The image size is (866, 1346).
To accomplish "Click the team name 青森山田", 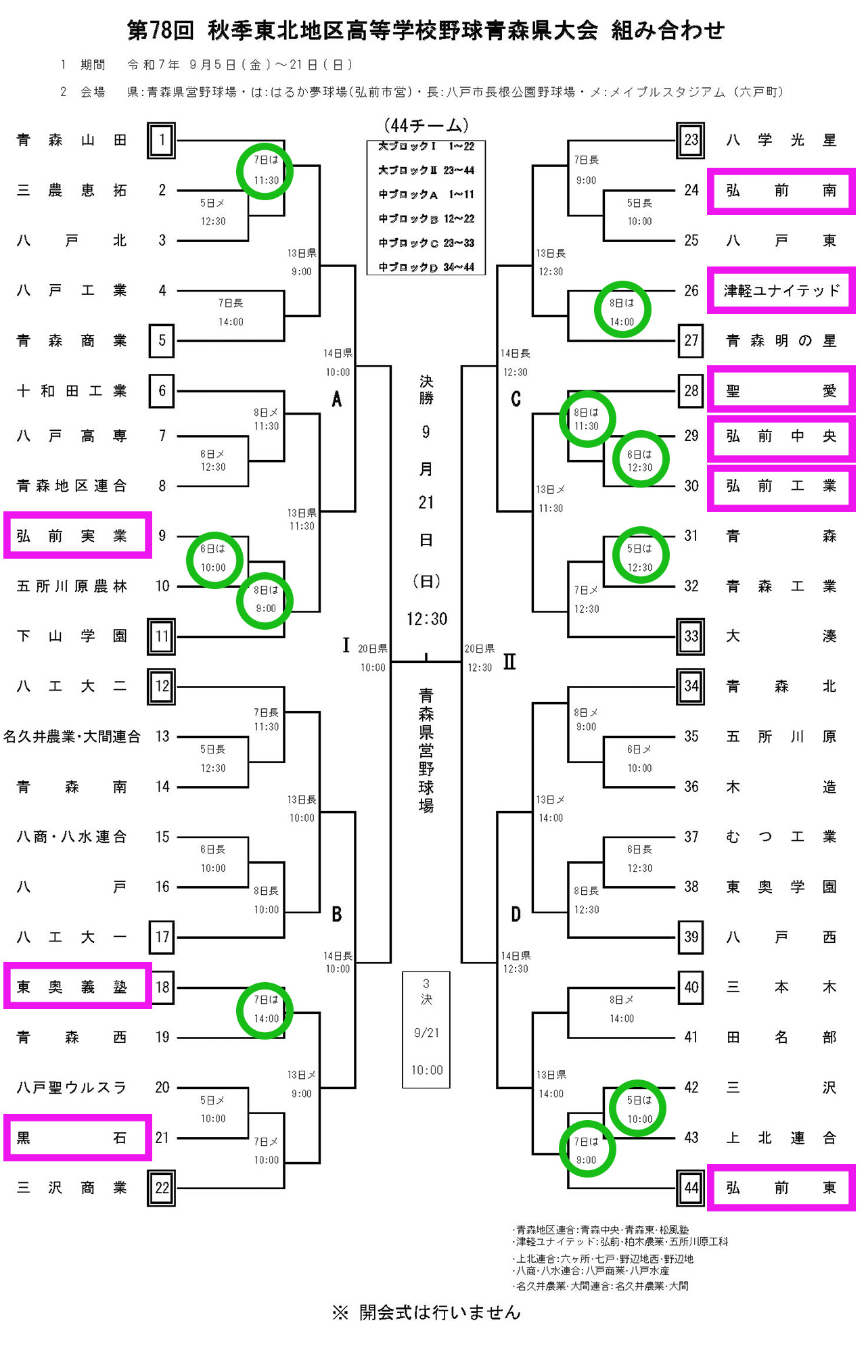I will click(x=72, y=140).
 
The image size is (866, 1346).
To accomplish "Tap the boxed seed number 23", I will click(x=691, y=140).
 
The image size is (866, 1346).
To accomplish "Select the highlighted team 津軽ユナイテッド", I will click(x=781, y=290).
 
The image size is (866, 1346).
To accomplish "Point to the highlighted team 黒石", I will click(x=72, y=1138).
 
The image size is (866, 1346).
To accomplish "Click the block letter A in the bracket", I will click(x=337, y=400).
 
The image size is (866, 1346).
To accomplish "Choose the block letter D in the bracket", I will click(x=516, y=914).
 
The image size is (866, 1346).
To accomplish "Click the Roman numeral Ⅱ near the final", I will click(x=509, y=662).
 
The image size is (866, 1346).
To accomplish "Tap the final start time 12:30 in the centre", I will click(x=426, y=619).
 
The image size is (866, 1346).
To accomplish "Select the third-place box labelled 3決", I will click(x=426, y=1029).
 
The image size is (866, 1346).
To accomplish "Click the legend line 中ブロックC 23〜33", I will click(x=426, y=243).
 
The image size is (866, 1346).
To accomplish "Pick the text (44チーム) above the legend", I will click(x=426, y=125).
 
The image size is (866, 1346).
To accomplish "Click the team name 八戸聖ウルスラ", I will click(x=72, y=1088).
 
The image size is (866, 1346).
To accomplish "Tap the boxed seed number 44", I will click(x=691, y=1188).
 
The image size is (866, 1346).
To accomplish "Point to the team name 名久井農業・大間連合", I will click(x=72, y=737).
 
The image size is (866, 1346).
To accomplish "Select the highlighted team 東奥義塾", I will click(x=72, y=987).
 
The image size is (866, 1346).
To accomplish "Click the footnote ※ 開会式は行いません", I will click(x=426, y=1313).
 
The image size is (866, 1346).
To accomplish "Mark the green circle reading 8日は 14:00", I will click(x=622, y=310).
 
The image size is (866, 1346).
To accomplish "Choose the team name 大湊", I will click(x=781, y=636).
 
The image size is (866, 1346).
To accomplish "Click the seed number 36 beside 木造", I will click(x=691, y=787).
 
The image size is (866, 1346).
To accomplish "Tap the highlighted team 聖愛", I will click(x=781, y=390).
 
